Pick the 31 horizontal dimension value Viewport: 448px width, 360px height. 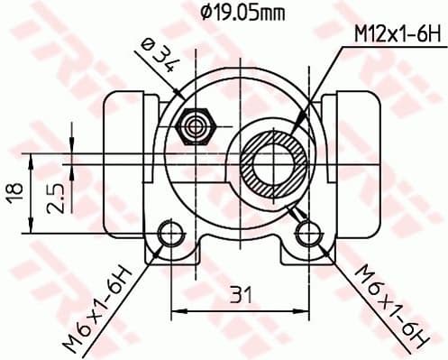(237, 295)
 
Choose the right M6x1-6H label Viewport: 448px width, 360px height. (387, 303)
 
